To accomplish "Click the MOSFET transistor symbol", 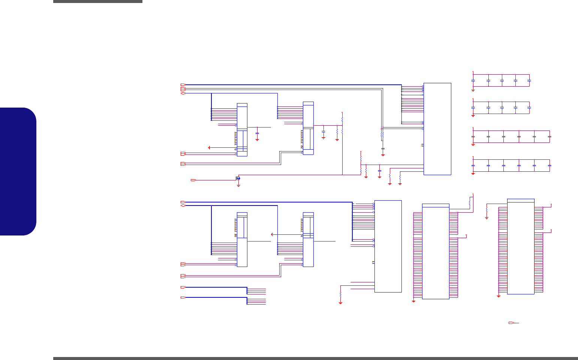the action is pos(238,178).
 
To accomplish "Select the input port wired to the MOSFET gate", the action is pos(193,180).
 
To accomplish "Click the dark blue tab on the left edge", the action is pos(18,171).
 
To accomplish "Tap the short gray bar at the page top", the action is pos(97,1).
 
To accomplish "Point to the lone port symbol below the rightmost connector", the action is pos(511,322).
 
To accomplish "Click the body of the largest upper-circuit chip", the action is pos(437,129).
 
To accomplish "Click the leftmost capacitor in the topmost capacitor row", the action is pos(473,80).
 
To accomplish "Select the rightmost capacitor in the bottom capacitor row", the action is pos(550,165).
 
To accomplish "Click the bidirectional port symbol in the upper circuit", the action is pos(183,93).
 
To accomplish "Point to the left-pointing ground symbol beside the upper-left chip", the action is pos(209,148).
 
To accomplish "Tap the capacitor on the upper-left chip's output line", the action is pos(257,133).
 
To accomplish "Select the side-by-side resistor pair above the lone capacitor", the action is pos(382,134).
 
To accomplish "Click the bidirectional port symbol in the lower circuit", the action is pos(183,205).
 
